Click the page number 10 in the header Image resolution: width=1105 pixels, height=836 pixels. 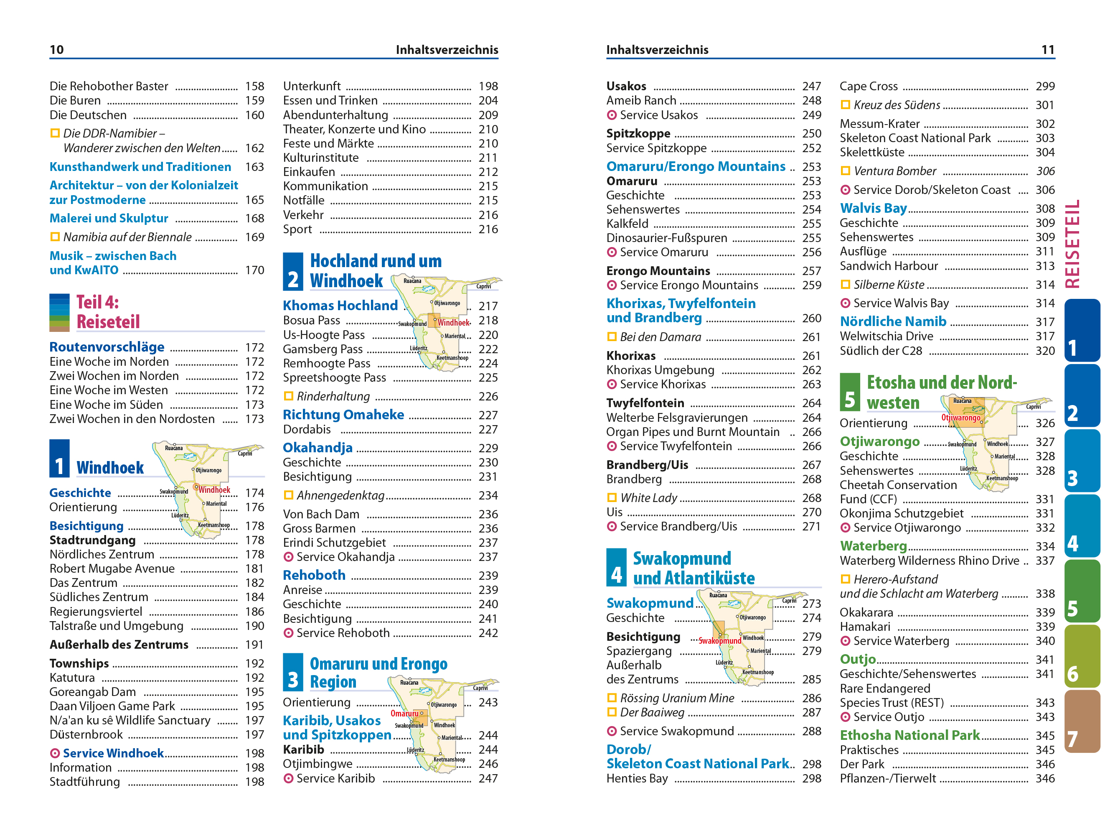coord(56,49)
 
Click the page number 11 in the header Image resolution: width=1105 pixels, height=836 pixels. coord(1047,49)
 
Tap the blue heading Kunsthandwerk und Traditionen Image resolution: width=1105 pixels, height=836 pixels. coord(140,167)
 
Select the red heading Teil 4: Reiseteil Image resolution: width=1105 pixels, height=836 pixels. coord(107,312)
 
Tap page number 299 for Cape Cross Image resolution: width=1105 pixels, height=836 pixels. coord(1044,87)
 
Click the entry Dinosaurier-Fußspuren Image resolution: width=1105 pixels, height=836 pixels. coord(666,238)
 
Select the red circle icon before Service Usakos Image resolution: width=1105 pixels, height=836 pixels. coord(612,115)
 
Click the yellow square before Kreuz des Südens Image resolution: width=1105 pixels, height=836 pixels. coord(845,105)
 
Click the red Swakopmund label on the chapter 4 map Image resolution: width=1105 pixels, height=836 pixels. coord(719,641)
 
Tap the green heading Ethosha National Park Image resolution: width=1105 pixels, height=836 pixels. coord(909,736)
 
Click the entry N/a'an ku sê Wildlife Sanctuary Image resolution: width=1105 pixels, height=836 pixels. coord(130,721)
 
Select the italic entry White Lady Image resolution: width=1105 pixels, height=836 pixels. coord(648,498)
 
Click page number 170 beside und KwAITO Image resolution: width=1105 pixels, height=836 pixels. coord(254,270)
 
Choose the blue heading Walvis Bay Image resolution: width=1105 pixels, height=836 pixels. coord(873,209)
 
